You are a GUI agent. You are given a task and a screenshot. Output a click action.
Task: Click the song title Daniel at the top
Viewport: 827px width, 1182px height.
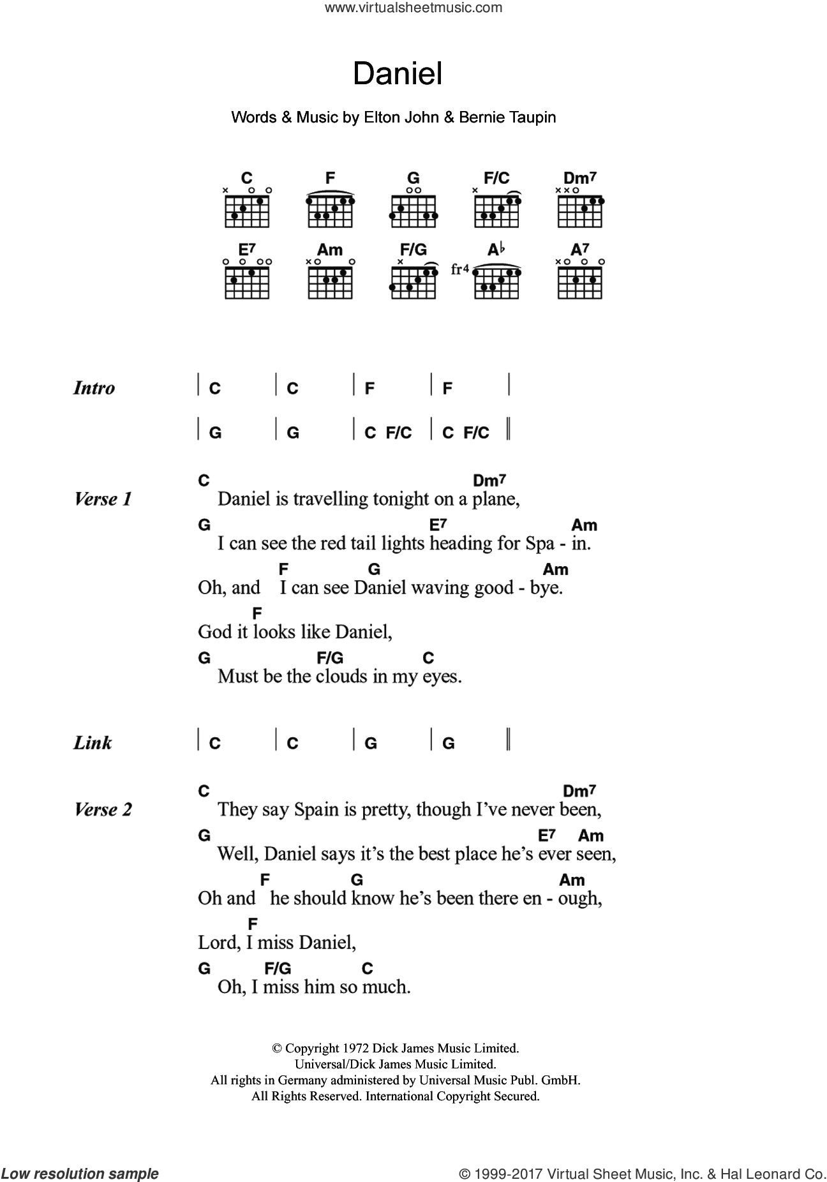398,74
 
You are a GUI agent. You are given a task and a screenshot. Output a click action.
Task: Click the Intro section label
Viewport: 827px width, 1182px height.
94,388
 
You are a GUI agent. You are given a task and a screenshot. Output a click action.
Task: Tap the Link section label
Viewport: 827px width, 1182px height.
93,743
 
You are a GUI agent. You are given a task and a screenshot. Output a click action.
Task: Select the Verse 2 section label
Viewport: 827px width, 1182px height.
103,810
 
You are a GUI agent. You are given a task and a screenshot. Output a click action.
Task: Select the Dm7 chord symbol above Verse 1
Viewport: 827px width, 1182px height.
489,481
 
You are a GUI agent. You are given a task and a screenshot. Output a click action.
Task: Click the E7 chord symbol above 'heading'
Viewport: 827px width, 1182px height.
438,525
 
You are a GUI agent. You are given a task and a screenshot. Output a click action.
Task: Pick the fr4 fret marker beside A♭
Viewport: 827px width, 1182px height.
459,269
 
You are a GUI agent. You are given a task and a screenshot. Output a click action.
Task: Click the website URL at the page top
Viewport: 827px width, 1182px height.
413,8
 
